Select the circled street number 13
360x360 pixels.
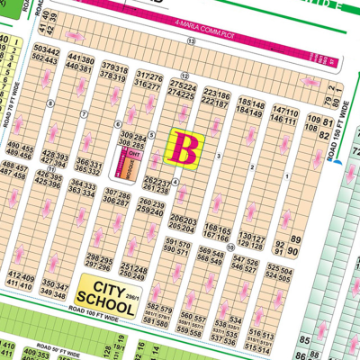(x=185, y=75)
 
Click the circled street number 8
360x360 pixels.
(x=51, y=103)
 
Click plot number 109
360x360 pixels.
(x=314, y=120)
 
